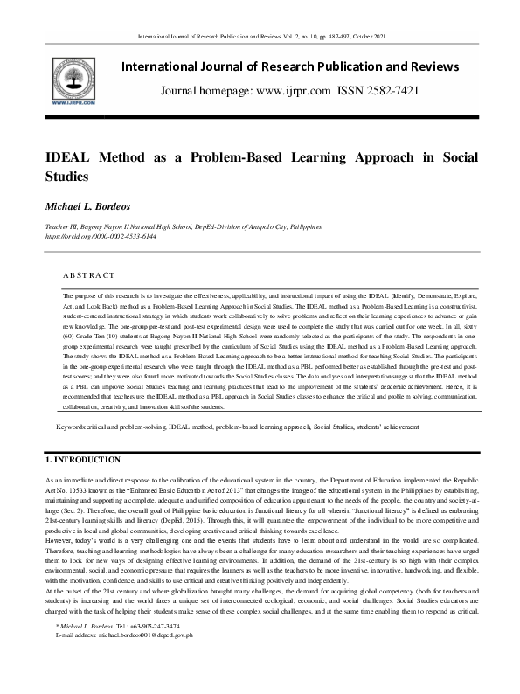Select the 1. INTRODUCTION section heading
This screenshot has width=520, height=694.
[83, 459]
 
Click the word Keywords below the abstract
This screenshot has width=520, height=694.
[72, 427]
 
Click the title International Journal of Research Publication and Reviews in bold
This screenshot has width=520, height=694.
[289, 66]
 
